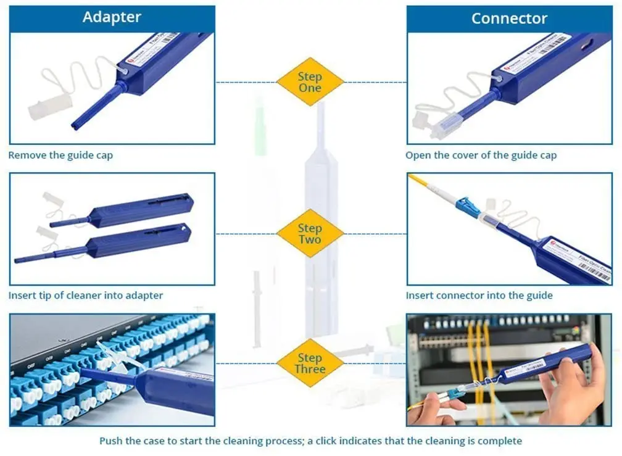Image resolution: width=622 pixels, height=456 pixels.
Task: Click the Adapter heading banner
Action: tap(112, 17)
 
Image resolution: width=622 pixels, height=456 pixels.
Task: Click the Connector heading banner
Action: tap(508, 19)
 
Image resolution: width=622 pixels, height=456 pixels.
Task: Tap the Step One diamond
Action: tap(310, 82)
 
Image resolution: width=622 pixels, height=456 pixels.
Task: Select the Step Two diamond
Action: tap(310, 233)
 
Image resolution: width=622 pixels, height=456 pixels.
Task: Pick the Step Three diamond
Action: tap(310, 363)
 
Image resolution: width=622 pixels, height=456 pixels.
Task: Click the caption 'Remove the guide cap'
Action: tap(60, 155)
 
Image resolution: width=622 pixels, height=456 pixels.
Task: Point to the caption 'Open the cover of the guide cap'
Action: tap(481, 155)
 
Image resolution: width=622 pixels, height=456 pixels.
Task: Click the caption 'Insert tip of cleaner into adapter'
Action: tap(86, 296)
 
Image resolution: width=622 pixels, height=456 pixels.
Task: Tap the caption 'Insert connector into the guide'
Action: tap(479, 296)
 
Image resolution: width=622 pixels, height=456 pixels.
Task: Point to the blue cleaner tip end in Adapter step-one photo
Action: tap(76, 125)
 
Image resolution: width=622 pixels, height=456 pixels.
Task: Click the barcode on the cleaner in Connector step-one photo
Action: tap(553, 43)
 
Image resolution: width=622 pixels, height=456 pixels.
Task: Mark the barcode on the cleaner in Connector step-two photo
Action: tap(594, 272)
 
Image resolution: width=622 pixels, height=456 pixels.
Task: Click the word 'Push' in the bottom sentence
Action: tap(112, 441)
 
